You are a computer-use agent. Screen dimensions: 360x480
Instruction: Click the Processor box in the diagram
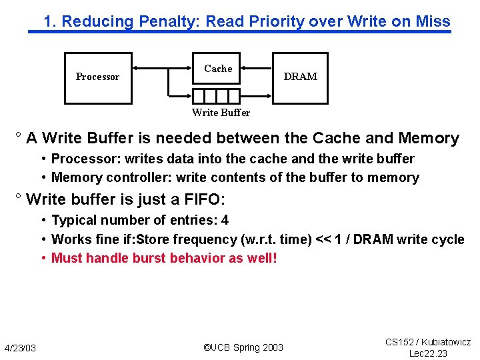[97, 77]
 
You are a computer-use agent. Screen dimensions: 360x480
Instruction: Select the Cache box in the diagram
[217, 69]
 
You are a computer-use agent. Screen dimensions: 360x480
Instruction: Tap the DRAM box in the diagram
[300, 77]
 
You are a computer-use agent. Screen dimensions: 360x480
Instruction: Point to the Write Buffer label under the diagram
[221, 113]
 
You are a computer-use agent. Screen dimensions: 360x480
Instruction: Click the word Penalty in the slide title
[169, 21]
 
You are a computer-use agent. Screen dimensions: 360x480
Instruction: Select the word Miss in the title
[434, 21]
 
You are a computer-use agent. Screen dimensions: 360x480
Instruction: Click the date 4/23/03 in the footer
[20, 348]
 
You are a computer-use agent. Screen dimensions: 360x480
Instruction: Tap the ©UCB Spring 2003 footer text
[243, 347]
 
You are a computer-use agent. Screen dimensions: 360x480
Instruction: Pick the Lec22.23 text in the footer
[428, 353]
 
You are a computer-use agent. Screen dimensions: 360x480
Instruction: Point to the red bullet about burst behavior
[164, 258]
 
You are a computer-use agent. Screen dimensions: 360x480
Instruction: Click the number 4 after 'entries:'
[225, 220]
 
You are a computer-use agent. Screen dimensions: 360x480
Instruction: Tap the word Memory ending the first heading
[429, 139]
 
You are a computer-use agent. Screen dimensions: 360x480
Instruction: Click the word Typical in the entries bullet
[73, 220]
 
